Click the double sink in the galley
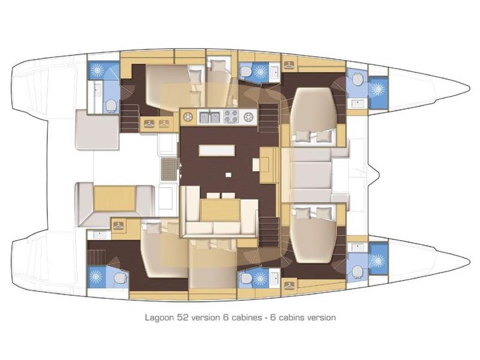[209, 116]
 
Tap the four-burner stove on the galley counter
[230, 116]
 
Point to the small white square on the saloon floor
[228, 175]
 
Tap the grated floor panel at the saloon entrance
[170, 170]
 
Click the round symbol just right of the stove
[248, 116]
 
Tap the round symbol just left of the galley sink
[188, 116]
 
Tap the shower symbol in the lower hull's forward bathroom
[378, 261]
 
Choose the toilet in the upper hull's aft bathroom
[110, 105]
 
